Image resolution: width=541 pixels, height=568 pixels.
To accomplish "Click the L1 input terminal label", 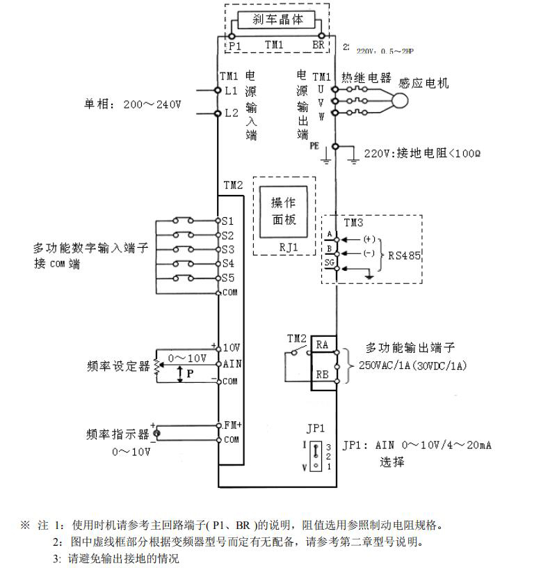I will point(232,90).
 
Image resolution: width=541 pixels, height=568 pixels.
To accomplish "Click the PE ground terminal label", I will point(314,146).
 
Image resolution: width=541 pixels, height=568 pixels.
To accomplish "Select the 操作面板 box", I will point(283,212).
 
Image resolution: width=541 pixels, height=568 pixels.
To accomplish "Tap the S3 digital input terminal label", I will point(228,249).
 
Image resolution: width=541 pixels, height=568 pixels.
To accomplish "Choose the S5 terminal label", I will point(228,278).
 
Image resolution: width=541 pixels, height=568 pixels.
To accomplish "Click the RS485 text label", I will point(404,255).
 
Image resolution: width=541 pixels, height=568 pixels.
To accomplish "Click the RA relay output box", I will point(323,345).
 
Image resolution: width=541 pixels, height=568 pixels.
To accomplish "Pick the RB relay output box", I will point(323,374).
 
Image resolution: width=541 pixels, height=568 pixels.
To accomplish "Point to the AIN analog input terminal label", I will point(232,364).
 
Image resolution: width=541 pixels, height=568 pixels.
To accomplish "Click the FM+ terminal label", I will point(232,424).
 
